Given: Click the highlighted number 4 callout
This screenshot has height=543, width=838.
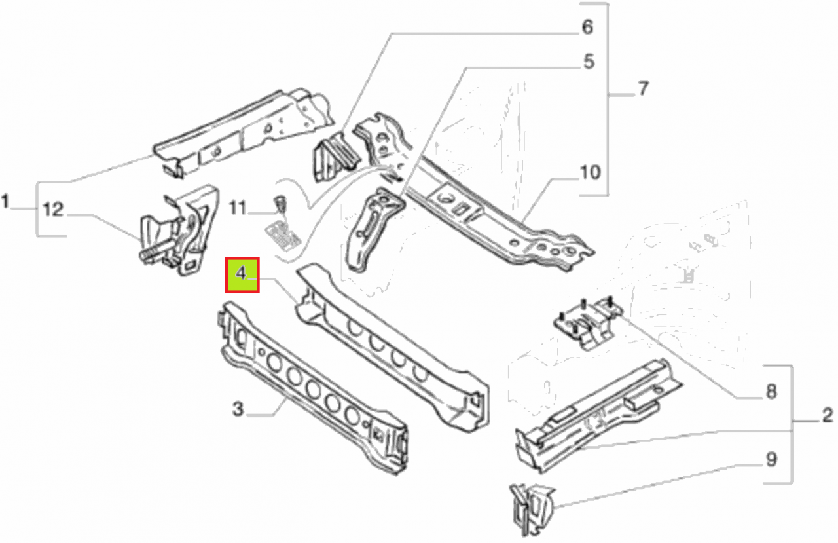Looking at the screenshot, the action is click(242, 274).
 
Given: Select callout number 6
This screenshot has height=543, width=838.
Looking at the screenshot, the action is click(587, 27).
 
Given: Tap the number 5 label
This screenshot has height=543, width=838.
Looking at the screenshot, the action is click(589, 62).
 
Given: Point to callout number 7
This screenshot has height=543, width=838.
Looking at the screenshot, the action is click(643, 88).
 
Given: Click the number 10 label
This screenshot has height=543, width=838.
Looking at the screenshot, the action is click(590, 172).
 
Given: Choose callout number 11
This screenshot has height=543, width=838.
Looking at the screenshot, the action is click(238, 208).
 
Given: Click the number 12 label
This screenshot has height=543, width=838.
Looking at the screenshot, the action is click(53, 210).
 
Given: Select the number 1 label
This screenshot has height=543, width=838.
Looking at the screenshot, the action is click(5, 201).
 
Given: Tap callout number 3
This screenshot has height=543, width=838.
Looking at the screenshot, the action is click(238, 409).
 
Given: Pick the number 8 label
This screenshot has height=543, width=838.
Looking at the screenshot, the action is click(771, 392).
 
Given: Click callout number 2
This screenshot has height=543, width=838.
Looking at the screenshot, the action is click(828, 415).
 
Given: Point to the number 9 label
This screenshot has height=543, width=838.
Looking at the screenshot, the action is click(771, 459).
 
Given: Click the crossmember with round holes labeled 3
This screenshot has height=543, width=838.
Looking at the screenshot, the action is click(312, 388).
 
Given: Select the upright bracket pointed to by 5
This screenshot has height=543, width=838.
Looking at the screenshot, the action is click(374, 229).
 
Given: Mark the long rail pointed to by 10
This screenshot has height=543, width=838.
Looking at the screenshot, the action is click(486, 210).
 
